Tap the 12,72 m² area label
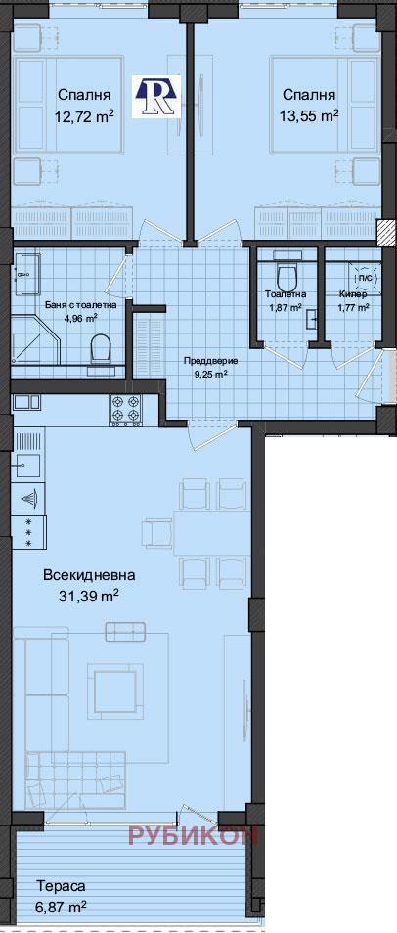[x=83, y=115]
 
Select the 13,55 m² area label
[x=309, y=115]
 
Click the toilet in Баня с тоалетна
[x=100, y=348]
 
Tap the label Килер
[x=353, y=293]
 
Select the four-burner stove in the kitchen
[x=126, y=410]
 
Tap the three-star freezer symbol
[x=28, y=533]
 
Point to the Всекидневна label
[x=88, y=575]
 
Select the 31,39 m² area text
[x=88, y=595]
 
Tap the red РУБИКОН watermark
[x=193, y=834]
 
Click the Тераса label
[x=61, y=886]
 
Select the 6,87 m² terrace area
[x=61, y=907]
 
